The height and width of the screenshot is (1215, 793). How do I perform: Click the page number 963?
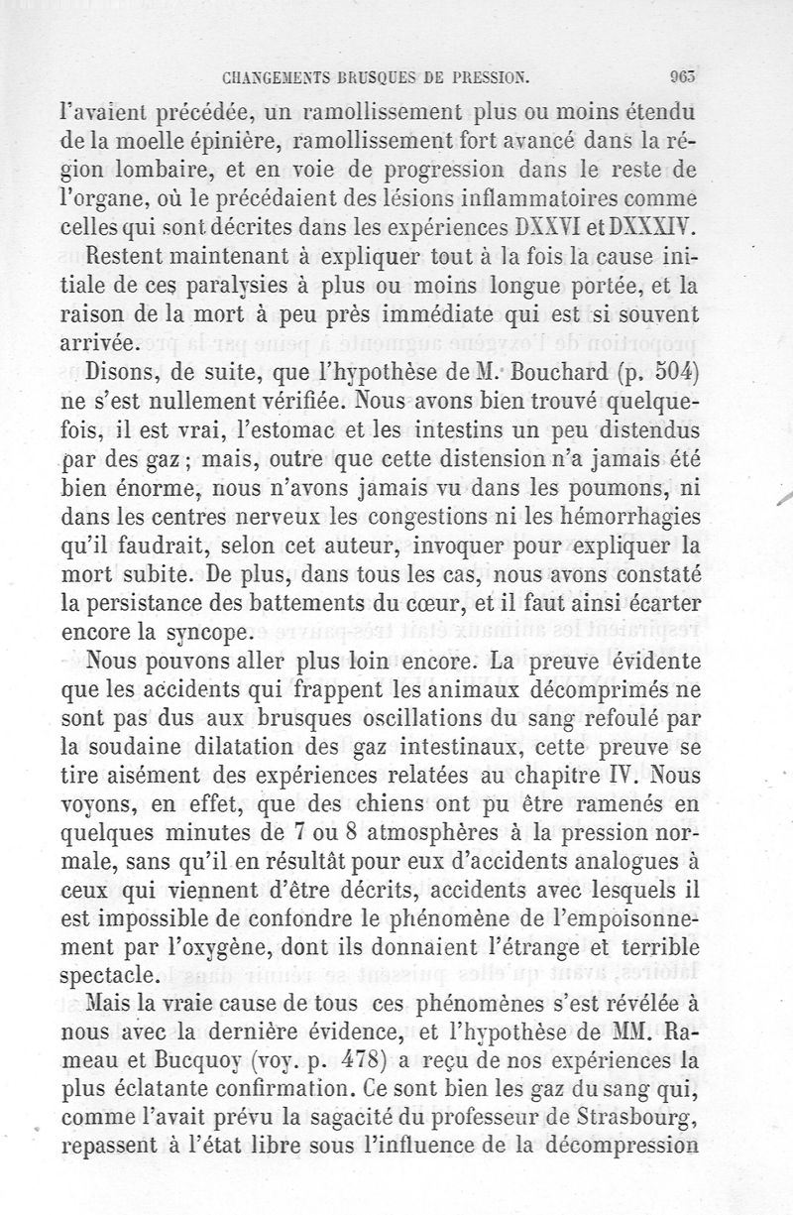pos(685,74)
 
